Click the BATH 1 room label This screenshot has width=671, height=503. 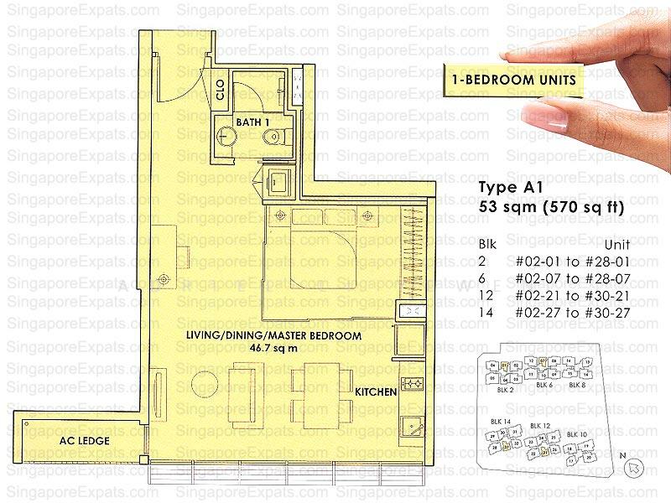[252, 123]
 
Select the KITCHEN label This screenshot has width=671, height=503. [376, 392]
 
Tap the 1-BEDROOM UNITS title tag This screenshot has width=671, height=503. [512, 80]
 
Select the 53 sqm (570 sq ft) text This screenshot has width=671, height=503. [550, 206]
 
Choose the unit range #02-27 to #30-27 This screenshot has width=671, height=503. [587, 312]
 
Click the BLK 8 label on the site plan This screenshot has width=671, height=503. [577, 385]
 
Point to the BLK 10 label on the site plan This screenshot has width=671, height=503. [576, 433]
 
